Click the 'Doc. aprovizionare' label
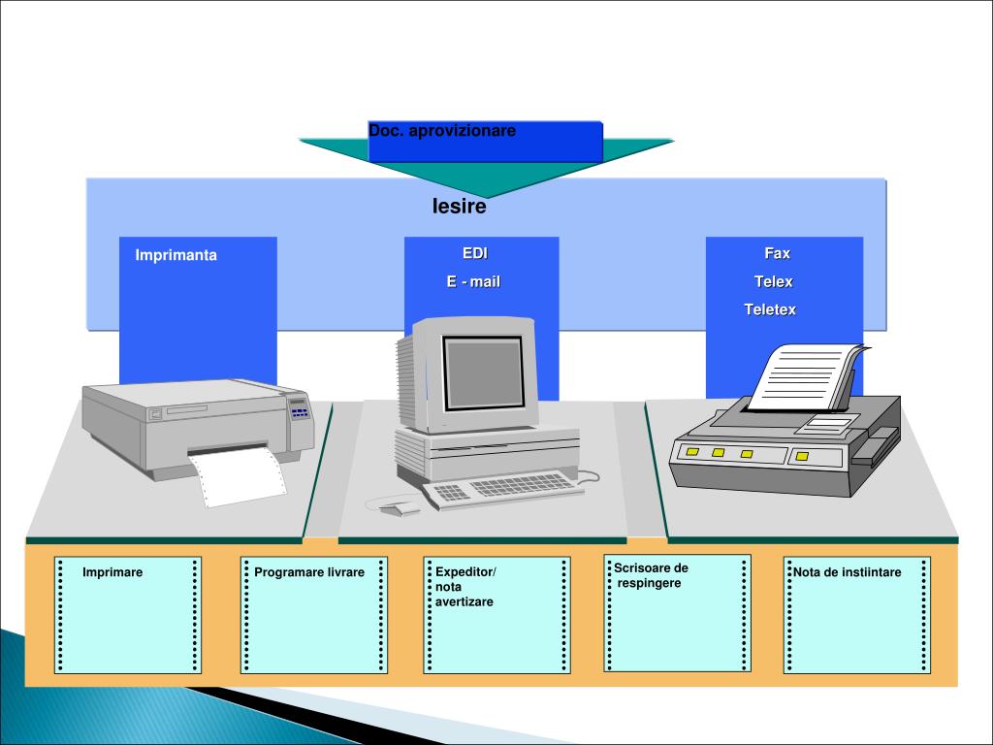(x=442, y=131)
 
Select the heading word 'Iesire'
(x=459, y=207)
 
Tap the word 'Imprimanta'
(x=176, y=256)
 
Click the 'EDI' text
(x=475, y=254)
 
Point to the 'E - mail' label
(x=473, y=282)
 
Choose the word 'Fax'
(x=777, y=254)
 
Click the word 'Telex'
(x=774, y=282)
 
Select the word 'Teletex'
(x=770, y=310)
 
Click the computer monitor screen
(x=483, y=372)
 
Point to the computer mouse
(x=398, y=507)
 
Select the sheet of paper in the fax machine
(x=804, y=378)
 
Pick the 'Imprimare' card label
(x=112, y=572)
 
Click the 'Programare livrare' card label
(x=309, y=572)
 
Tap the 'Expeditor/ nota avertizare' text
(x=464, y=587)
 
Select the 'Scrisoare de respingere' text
(x=651, y=575)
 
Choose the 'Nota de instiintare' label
(x=848, y=572)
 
